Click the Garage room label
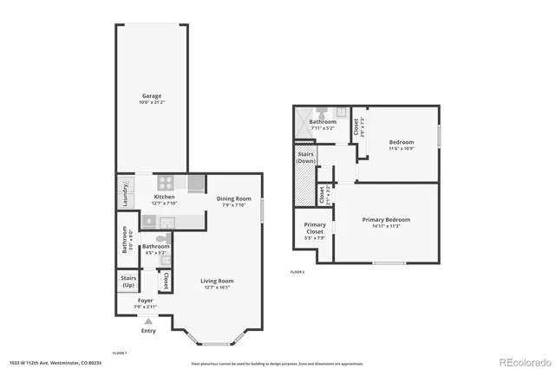[152, 96]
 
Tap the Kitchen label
[165, 197]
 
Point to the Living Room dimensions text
[218, 288]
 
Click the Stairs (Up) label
[128, 282]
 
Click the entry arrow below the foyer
[148, 321]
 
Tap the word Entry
[148, 330]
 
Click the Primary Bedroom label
[386, 220]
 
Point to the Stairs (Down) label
[305, 158]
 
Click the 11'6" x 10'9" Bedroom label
[401, 142]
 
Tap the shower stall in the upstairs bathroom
[304, 121]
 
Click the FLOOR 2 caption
[297, 272]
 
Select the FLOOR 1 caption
[120, 353]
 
